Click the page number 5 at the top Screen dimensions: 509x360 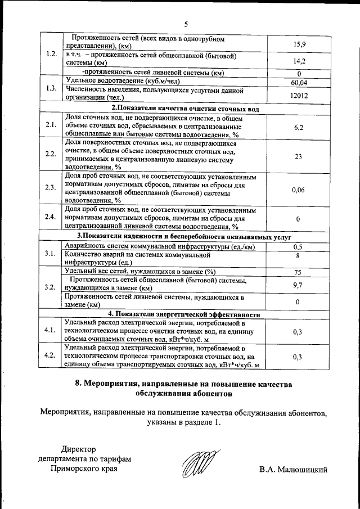pos(186,23)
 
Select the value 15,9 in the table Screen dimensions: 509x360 pos(299,44)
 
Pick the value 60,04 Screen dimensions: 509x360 pos(299,83)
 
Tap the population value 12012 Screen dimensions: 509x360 pos(299,96)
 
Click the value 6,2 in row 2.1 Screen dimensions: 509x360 pos(299,128)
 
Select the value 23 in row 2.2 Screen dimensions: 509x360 pos(299,157)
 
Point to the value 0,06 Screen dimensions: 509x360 pos(299,190)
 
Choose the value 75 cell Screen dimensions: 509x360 pos(299,273)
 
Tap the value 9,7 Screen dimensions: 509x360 pos(299,285)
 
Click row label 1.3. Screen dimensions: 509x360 pos(51,88)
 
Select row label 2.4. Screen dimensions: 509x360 pos(51,218)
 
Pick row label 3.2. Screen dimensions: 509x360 pos(51,287)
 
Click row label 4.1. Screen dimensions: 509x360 pos(51,330)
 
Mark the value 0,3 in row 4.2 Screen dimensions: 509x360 pos(299,357)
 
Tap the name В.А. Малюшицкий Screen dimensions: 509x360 pos(293,469)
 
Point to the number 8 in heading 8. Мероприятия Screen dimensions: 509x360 pos(78,384)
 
